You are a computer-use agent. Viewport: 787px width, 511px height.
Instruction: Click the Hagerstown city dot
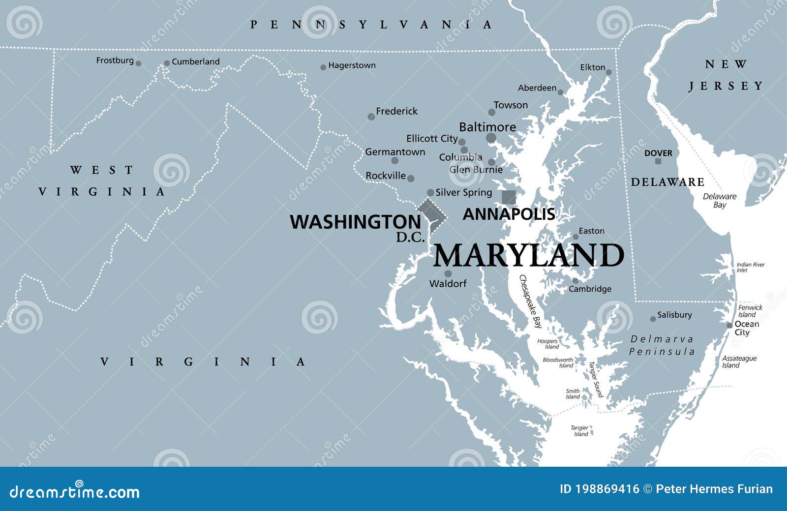pyautogui.click(x=323, y=67)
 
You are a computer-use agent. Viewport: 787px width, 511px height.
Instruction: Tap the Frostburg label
pyautogui.click(x=115, y=60)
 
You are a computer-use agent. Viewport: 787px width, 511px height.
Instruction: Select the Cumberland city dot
pyautogui.click(x=167, y=63)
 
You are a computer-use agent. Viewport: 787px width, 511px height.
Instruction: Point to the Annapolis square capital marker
pyautogui.click(x=509, y=197)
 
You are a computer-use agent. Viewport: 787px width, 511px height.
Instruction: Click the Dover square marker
pyautogui.click(x=658, y=161)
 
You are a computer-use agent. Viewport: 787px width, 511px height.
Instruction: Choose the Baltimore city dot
pyautogui.click(x=491, y=138)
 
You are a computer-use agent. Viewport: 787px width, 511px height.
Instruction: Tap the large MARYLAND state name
pyautogui.click(x=528, y=256)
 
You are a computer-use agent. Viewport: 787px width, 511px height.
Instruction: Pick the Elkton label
pyautogui.click(x=593, y=67)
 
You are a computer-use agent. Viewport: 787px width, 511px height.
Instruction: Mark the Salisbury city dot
pyautogui.click(x=653, y=319)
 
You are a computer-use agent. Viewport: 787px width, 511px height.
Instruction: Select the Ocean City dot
pyautogui.click(x=729, y=325)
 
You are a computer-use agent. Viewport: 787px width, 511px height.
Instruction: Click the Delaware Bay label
pyautogui.click(x=719, y=200)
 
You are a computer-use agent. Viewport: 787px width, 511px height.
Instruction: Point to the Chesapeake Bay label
pyautogui.click(x=531, y=301)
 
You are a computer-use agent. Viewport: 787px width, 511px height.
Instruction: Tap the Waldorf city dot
pyautogui.click(x=448, y=273)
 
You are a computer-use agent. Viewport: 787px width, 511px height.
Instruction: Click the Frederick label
pyautogui.click(x=396, y=112)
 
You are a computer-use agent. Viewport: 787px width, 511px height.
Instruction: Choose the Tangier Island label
pyautogui.click(x=580, y=431)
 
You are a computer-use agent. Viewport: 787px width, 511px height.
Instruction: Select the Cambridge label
pyautogui.click(x=590, y=289)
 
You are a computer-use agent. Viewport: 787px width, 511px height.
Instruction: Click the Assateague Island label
pyautogui.click(x=739, y=362)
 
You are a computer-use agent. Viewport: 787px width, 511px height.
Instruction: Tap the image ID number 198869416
pyautogui.click(x=600, y=489)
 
